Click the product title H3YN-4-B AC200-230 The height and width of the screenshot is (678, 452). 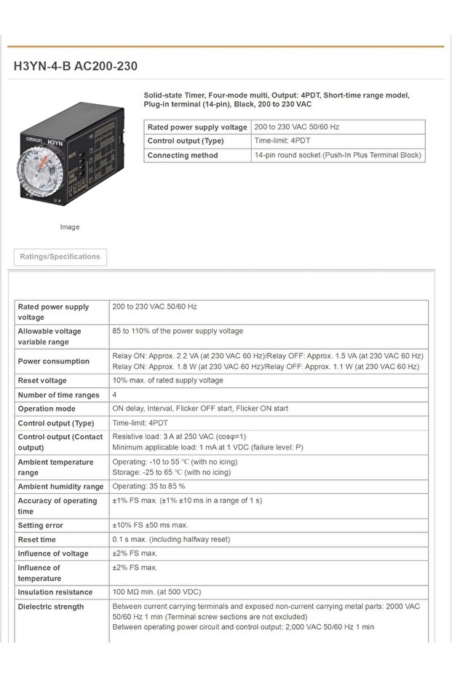pos(75,66)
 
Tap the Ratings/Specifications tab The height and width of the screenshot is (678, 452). pos(60,257)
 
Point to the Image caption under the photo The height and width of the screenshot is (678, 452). pos(70,227)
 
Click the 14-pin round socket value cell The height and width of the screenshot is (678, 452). pos(338,155)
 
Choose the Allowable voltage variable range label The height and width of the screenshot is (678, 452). pos(49,336)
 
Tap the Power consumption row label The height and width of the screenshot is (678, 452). pos(54,361)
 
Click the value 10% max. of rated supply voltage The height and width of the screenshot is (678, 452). pos(168,381)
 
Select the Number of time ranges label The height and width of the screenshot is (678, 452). pos(58,395)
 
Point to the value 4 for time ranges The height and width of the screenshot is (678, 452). pos(115,395)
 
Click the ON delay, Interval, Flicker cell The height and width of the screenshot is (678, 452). pos(200,409)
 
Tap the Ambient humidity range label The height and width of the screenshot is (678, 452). pos(60,486)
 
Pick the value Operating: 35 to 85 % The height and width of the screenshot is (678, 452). pos(149,486)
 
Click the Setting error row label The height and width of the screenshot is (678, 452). pos(41,525)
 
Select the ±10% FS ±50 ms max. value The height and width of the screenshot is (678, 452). pos(151,525)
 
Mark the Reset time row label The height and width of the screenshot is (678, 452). pos(37,540)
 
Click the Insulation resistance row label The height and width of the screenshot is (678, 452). pos(55,592)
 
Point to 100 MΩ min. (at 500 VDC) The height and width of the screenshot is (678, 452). pos(156,592)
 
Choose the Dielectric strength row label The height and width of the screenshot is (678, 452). pos(51,607)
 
